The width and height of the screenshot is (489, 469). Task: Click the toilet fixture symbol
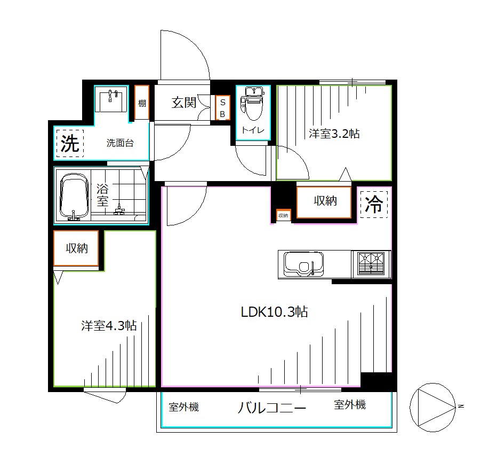[252, 104]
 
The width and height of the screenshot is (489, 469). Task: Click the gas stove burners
[372, 264]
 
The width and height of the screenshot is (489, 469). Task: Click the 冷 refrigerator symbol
[374, 204]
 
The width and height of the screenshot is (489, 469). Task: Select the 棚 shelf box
[141, 103]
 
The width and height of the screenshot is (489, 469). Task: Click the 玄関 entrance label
[183, 103]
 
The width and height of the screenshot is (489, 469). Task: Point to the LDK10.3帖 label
[274, 311]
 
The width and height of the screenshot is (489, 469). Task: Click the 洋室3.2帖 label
[334, 134]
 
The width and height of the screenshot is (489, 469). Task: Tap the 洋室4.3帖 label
[109, 325]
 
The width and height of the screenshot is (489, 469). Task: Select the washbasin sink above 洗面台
[111, 99]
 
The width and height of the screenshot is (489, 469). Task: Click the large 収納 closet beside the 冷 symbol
[324, 202]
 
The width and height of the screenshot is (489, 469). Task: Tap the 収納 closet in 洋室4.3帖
[76, 248]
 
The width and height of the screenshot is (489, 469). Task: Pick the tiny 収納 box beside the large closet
[283, 215]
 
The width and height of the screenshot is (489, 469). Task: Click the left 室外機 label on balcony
[183, 407]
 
